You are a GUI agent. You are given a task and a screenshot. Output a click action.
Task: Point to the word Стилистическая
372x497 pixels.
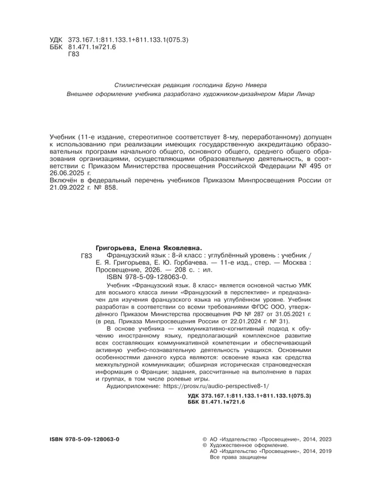(139, 84)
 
